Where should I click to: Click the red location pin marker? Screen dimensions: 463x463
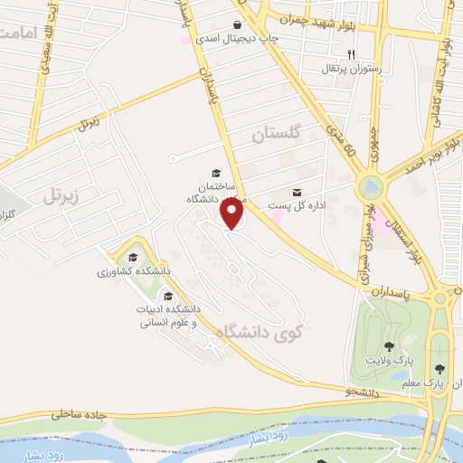click(233, 214)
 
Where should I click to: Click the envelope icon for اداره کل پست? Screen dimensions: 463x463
click(297, 192)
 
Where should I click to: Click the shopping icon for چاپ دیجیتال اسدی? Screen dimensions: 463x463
click(237, 24)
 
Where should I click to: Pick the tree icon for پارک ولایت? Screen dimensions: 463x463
click(389, 346)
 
